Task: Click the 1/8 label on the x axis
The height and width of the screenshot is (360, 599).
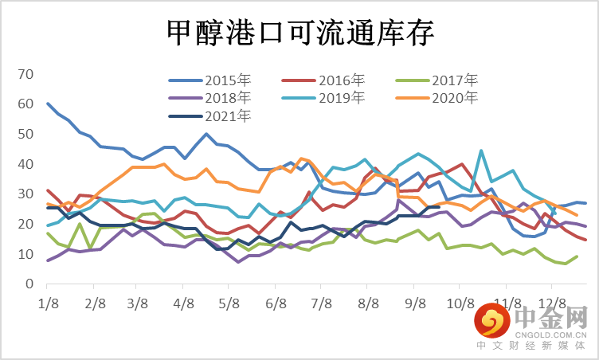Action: [48, 303]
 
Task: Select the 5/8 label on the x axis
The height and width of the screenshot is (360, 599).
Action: [230, 303]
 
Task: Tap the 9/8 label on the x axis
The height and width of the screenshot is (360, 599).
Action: [416, 303]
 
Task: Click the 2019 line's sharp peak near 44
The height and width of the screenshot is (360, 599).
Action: [481, 151]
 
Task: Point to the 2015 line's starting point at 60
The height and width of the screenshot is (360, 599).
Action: [49, 104]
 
